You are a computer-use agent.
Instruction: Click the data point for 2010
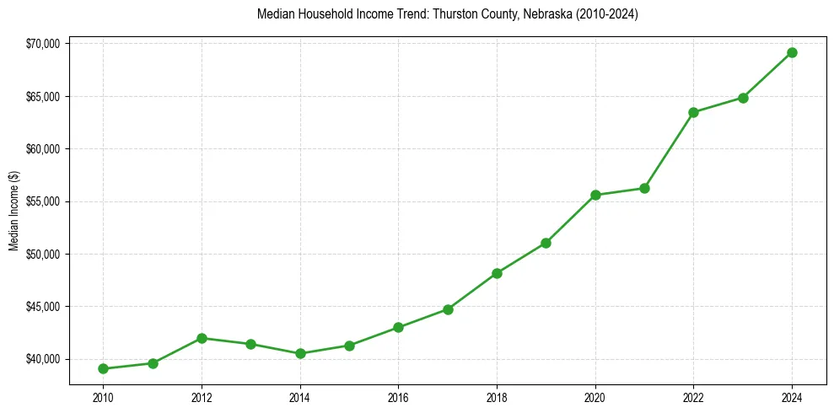click(103, 368)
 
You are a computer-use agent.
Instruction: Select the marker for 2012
click(202, 338)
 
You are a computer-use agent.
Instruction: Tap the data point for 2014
click(300, 353)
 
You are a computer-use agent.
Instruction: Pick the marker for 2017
click(448, 309)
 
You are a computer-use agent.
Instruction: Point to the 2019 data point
click(546, 243)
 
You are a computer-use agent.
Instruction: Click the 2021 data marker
click(644, 188)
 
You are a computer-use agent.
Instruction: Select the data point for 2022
click(694, 112)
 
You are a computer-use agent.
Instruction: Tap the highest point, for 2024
click(793, 52)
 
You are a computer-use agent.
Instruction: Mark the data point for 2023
click(743, 98)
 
